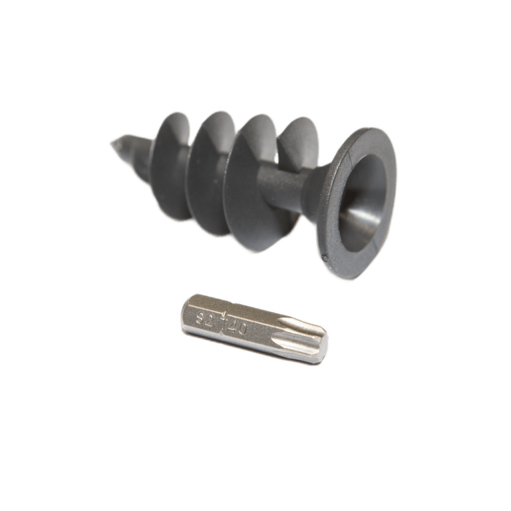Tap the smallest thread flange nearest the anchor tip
[170, 166]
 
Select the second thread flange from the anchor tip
[212, 173]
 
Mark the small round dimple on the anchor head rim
[325, 258]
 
